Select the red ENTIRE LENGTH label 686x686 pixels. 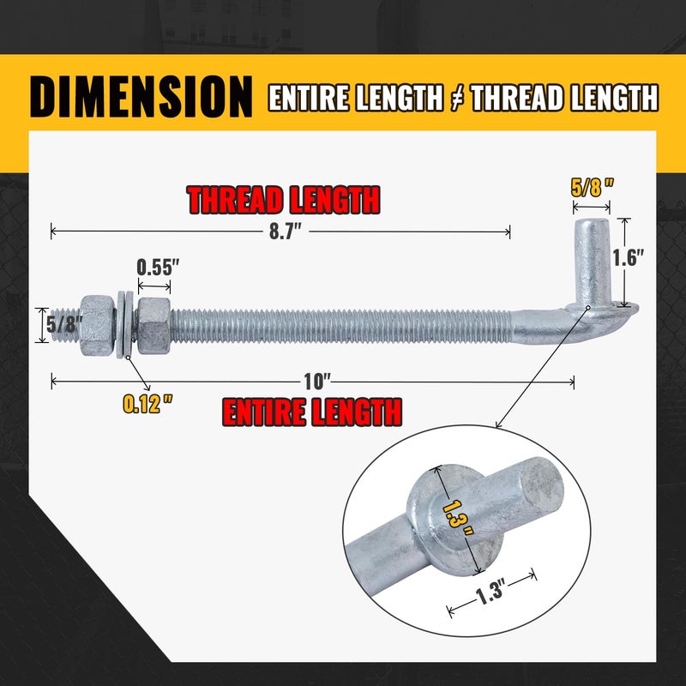tap(312, 412)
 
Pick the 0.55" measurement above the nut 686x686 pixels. tap(157, 267)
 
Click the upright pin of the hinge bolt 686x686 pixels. tap(593, 257)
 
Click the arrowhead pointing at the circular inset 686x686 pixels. tap(499, 423)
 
